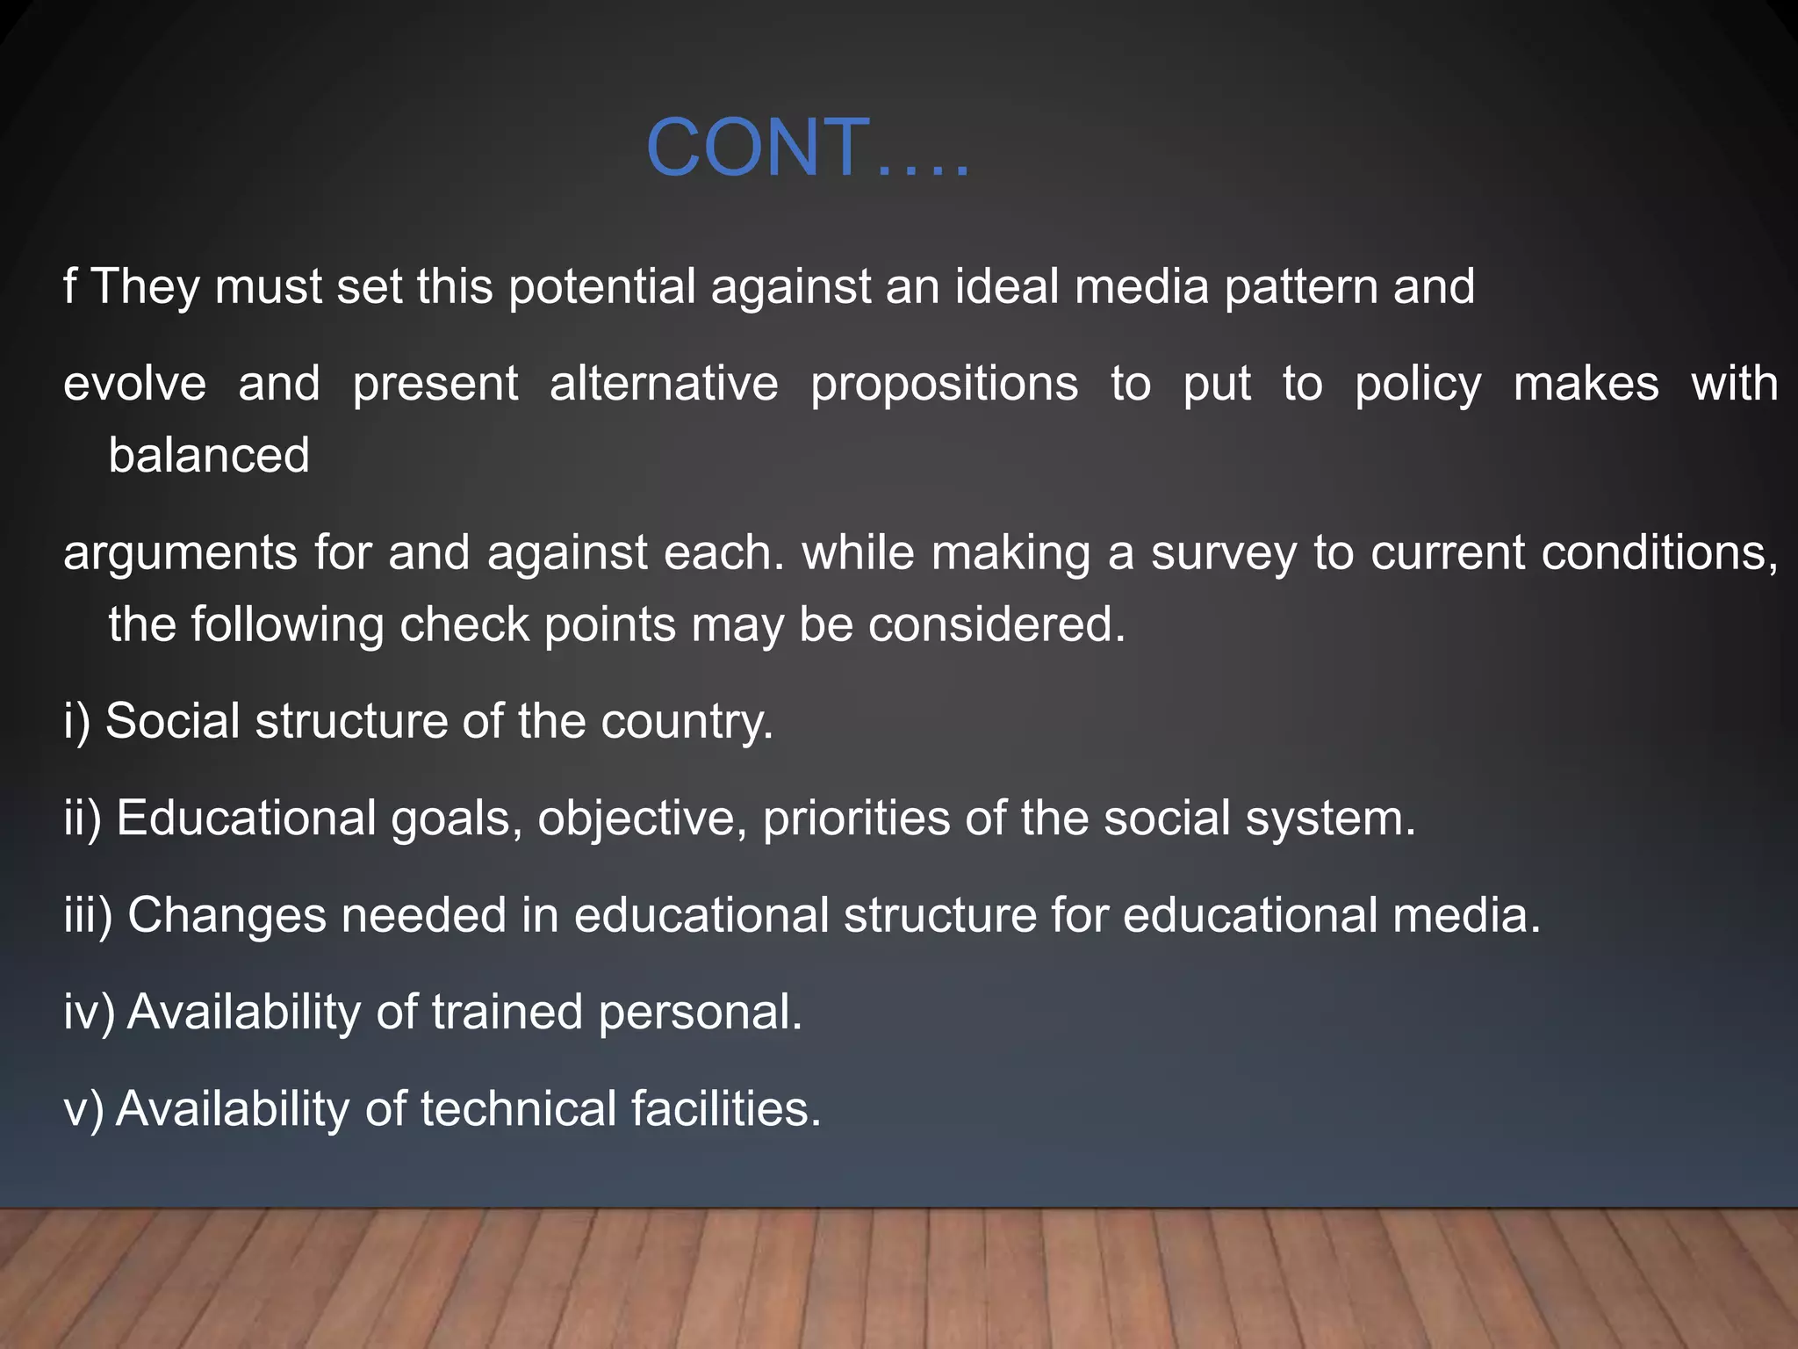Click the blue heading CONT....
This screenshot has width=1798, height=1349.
click(x=806, y=148)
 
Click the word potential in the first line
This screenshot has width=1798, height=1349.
click(x=601, y=287)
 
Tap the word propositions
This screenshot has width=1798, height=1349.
click(x=944, y=385)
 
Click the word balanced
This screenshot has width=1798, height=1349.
click(x=209, y=455)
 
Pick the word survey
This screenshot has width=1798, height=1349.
click(x=1223, y=553)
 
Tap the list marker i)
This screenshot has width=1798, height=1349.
click(x=77, y=722)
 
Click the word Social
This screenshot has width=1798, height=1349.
click(x=173, y=722)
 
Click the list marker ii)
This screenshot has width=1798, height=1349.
click(x=83, y=819)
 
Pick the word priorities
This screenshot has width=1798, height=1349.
click(x=856, y=819)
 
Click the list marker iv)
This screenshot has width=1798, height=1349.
click(x=89, y=1012)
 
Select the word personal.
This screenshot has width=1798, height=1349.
click(x=700, y=1012)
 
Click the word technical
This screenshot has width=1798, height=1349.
click(x=518, y=1108)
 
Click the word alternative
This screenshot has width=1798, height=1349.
click(x=664, y=385)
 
